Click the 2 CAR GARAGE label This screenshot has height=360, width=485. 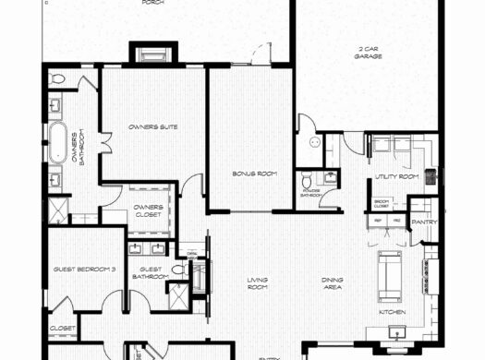pyautogui.click(x=368, y=53)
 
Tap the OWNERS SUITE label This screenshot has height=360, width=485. pyautogui.click(x=153, y=126)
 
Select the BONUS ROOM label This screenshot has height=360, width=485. pyautogui.click(x=249, y=173)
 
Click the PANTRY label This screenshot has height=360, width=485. pyautogui.click(x=424, y=222)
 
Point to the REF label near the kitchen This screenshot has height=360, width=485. pyautogui.click(x=379, y=222)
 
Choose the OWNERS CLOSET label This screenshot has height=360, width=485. pyautogui.click(x=149, y=210)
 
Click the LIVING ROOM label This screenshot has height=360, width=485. pyautogui.click(x=258, y=283)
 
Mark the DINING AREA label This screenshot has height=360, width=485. pyautogui.click(x=333, y=283)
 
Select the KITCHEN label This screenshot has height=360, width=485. pyautogui.click(x=393, y=311)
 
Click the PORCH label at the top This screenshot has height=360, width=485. pyautogui.click(x=153, y=3)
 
